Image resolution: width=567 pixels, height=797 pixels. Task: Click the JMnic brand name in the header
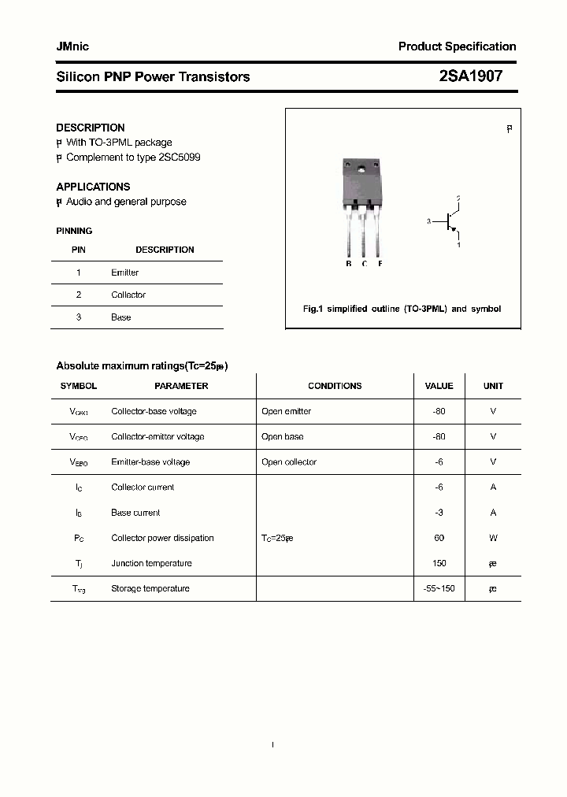[x=72, y=46]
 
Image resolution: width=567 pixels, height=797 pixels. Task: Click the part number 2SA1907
[x=470, y=76]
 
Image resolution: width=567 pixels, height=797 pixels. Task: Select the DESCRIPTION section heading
[x=90, y=128]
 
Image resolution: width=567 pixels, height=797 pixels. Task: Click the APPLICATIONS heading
[x=93, y=187]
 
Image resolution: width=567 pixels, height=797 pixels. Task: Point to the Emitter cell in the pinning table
[x=124, y=272]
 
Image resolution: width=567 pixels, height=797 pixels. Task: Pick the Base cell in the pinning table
[x=120, y=317]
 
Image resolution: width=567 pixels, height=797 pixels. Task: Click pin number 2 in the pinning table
[x=79, y=295]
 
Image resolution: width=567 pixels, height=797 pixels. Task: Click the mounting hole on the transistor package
[x=362, y=168]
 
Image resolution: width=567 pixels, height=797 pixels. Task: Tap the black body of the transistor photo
[x=362, y=185]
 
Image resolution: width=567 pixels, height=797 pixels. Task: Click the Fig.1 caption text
[x=402, y=309]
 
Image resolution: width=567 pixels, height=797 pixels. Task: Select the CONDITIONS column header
[x=335, y=386]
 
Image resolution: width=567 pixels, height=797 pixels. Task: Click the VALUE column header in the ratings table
[x=439, y=386]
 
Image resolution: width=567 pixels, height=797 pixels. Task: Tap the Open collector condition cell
[x=289, y=462]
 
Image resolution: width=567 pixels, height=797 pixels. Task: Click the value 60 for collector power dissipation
[x=439, y=538]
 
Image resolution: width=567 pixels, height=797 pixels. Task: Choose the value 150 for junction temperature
[x=439, y=563]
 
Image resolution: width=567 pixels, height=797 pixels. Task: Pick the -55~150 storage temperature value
[x=439, y=588]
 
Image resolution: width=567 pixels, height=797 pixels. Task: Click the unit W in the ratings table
[x=493, y=538]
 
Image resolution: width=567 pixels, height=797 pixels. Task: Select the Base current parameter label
[x=135, y=513]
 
